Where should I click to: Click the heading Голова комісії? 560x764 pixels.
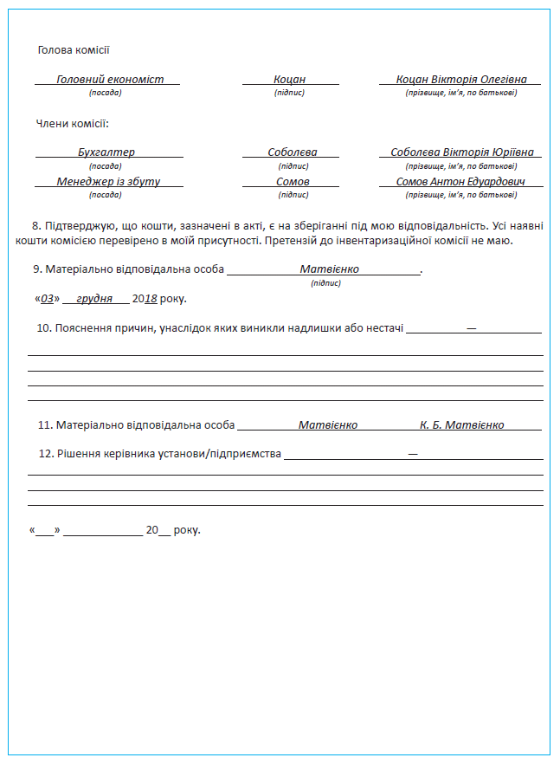[74, 50]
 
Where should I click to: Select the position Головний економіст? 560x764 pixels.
[110, 79]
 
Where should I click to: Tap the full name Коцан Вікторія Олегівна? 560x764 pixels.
[461, 79]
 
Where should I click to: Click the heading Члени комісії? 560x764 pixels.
[73, 124]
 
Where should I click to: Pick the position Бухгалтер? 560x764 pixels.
[106, 152]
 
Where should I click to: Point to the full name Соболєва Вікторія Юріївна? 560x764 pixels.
[462, 152]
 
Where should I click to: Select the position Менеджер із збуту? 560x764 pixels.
[108, 182]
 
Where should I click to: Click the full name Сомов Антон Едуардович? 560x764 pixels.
[460, 182]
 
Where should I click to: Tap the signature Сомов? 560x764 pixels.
[293, 182]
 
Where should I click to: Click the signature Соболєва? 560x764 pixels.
[292, 152]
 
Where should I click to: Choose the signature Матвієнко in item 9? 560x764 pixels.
[329, 269]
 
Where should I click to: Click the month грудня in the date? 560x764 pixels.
[94, 298]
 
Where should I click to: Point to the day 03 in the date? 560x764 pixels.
[48, 298]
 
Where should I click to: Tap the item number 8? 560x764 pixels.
[35, 225]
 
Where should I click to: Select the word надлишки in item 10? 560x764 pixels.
[323, 327]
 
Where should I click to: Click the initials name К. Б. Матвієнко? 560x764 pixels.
[461, 425]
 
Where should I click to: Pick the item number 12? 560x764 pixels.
[46, 453]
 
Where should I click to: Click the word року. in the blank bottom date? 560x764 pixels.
[187, 529]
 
